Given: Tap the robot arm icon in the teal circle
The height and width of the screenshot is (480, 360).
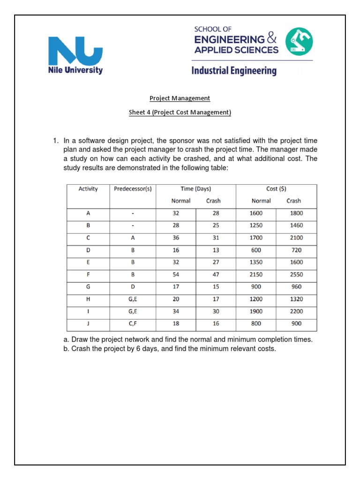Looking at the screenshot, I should tap(299, 41).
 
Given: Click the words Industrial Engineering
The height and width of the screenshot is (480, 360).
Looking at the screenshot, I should tap(233, 71).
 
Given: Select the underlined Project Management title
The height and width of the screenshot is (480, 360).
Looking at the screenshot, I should tap(180, 98).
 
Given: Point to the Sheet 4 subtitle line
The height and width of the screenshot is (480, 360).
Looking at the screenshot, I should tap(180, 112).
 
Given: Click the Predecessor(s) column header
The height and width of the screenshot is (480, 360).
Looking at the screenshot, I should tap(133, 189).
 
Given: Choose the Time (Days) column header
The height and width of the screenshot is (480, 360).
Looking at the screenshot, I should tap(195, 189).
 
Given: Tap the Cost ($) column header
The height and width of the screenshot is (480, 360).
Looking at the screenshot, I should tap(276, 189).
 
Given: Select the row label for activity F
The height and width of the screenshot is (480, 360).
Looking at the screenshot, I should tap(88, 275).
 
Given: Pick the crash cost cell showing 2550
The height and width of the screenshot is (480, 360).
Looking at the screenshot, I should tap(296, 275).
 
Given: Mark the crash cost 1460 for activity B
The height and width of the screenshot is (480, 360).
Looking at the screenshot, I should tap(296, 225).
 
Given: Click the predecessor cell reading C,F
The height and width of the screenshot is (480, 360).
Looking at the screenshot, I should tap(133, 324).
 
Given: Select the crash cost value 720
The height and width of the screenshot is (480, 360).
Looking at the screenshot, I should tap(296, 250).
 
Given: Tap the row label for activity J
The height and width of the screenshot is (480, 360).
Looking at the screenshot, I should tap(88, 324).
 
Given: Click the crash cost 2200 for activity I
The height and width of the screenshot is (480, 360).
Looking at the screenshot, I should tap(296, 311).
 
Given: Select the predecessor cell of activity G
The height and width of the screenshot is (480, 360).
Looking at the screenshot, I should tap(133, 287).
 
